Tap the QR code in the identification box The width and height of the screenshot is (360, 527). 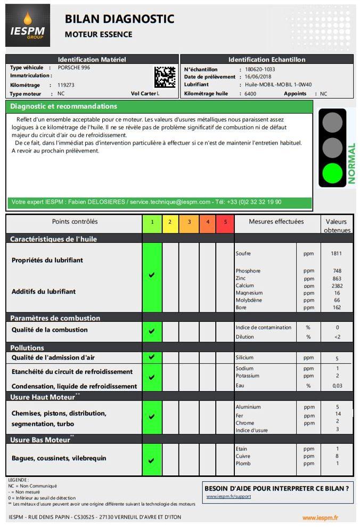pyautogui.click(x=165, y=77)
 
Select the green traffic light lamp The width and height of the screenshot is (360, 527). pyautogui.click(x=332, y=174)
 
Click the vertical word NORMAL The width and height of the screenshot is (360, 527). pyautogui.click(x=351, y=164)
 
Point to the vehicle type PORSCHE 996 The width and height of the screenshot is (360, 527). pyautogui.click(x=74, y=68)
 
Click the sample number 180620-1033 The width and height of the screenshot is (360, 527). pyautogui.click(x=260, y=69)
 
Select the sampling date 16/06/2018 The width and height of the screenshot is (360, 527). pyautogui.click(x=258, y=77)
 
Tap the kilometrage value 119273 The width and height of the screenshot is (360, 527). pyautogui.click(x=66, y=85)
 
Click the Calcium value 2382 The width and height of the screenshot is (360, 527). pyautogui.click(x=337, y=286)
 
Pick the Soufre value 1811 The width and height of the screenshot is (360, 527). pyautogui.click(x=337, y=254)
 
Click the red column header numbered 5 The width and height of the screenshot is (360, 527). pyautogui.click(x=225, y=222)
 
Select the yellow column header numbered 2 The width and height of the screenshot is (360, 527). pyautogui.click(x=170, y=222)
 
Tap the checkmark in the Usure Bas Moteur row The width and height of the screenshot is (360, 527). pyautogui.click(x=152, y=460)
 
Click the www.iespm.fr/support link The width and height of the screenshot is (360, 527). pyautogui.click(x=228, y=497)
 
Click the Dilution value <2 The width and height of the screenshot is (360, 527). pyautogui.click(x=337, y=337)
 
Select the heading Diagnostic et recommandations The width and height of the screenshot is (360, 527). pyautogui.click(x=63, y=107)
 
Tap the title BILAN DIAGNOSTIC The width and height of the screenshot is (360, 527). pyautogui.click(x=119, y=19)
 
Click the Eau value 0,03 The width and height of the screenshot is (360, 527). pyautogui.click(x=337, y=386)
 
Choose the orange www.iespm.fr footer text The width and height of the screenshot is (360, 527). pyautogui.click(x=320, y=517)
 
